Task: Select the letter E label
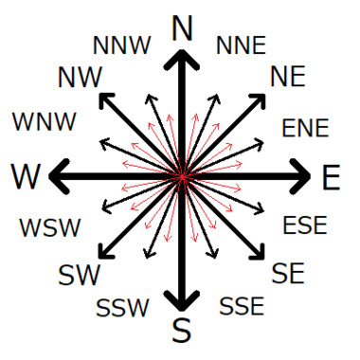(x=331, y=177)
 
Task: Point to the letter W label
(x=27, y=176)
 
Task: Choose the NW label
(x=80, y=79)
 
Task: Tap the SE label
(x=287, y=274)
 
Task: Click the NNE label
(x=241, y=45)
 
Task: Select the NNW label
(x=120, y=45)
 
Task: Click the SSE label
(x=242, y=306)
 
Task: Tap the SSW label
(x=122, y=308)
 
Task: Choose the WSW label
(x=50, y=227)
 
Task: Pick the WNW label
(x=45, y=121)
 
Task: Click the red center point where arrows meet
(x=181, y=176)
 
